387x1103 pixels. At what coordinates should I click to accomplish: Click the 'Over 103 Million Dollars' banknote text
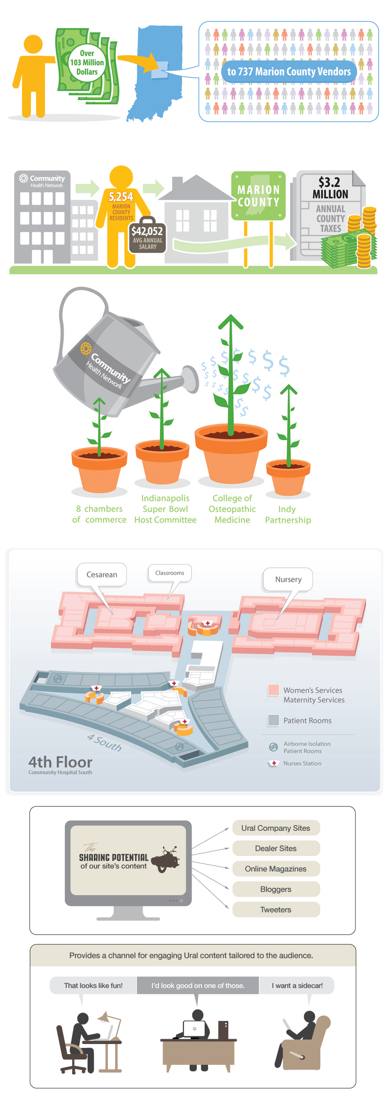(x=87, y=62)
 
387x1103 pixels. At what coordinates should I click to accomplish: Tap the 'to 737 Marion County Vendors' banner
(x=289, y=72)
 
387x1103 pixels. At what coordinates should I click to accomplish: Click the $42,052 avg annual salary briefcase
(x=148, y=237)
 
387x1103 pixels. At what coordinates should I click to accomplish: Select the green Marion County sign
(x=258, y=196)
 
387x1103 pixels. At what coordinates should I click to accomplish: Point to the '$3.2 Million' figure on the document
(x=330, y=188)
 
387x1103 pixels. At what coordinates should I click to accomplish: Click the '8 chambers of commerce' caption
(x=99, y=514)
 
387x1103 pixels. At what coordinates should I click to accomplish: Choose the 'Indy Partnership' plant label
(x=288, y=514)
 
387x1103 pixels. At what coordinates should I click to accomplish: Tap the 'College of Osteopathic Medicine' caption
(x=232, y=509)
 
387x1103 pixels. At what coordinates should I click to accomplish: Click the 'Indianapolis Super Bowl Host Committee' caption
(x=165, y=509)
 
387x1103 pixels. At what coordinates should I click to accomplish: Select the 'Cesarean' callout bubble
(x=102, y=575)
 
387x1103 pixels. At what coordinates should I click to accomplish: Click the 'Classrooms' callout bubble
(x=170, y=573)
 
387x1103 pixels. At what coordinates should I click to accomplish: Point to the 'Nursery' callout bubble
(x=288, y=580)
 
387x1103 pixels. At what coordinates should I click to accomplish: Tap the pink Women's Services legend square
(x=273, y=690)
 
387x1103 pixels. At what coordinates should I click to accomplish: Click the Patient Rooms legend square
(x=273, y=720)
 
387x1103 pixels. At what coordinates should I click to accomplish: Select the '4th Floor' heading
(x=60, y=762)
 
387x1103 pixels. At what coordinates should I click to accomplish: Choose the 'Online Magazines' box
(x=276, y=869)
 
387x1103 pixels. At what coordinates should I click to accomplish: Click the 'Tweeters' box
(x=276, y=910)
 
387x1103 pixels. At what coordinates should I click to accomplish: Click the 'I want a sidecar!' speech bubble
(x=297, y=986)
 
